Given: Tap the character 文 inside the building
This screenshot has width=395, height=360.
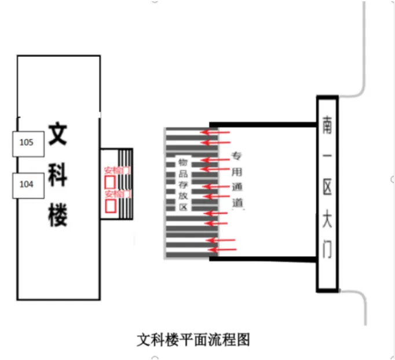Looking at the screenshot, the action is point(58,134).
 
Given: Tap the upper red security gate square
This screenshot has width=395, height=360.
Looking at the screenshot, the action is point(109,182).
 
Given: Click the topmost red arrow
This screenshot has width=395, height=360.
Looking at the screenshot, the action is point(214,133).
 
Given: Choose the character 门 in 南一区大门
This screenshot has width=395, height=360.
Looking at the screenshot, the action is point(327,250).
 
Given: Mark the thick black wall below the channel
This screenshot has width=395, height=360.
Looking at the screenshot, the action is point(264,259).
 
